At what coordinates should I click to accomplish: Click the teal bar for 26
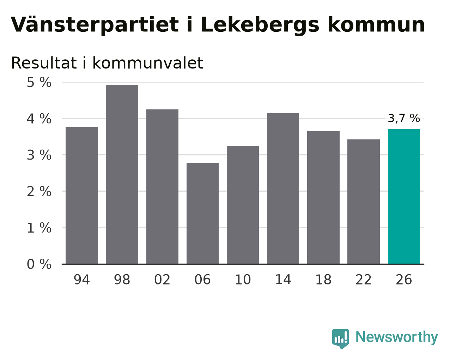pos(404,197)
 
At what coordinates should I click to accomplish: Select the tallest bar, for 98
pos(122,174)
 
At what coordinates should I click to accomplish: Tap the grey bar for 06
pos(202,214)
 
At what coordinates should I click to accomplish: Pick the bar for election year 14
pos(283,188)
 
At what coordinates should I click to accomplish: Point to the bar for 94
pos(82,196)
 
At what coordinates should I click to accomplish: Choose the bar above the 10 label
pos(243,205)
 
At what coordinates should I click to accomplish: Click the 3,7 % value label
pos(404,118)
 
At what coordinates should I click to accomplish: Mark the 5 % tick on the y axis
pos(39,82)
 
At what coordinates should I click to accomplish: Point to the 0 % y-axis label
pos(39,264)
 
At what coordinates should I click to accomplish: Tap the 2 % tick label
pos(39,192)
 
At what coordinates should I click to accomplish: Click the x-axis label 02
pos(162,280)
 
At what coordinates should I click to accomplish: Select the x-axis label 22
pos(364,280)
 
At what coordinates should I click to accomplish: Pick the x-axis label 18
pos(323,280)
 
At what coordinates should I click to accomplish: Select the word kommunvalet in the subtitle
pos(148,63)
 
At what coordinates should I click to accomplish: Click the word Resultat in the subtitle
pos(44,63)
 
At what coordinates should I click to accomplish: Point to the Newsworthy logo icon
pos(341,339)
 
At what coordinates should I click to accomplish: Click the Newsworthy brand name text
pos(397,337)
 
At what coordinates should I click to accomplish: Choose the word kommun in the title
pos(376,25)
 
